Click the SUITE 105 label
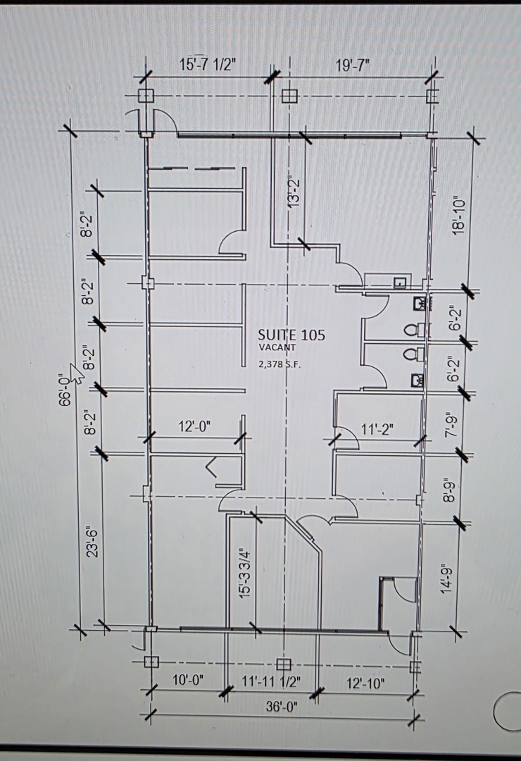[291, 335]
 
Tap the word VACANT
[277, 347]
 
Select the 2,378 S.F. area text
[280, 365]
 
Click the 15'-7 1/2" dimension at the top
[208, 65]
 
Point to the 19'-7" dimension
[353, 66]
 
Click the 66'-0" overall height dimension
[65, 388]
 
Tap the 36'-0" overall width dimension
[282, 706]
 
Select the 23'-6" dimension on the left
[93, 541]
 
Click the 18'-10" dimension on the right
[458, 215]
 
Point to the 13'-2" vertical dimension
[294, 192]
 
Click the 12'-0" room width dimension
[194, 426]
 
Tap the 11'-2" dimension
[377, 429]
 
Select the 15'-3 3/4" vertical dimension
[246, 573]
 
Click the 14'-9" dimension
[447, 578]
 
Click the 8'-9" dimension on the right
[451, 491]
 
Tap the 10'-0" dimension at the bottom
[188, 680]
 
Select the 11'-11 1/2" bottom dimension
[271, 681]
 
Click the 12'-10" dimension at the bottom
[365, 683]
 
